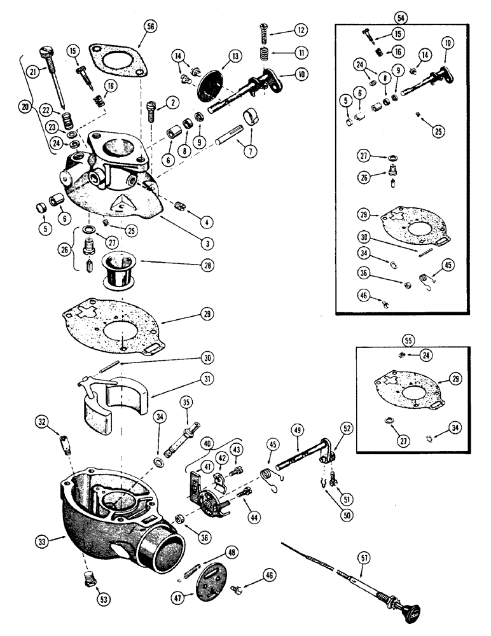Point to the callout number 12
tap(301, 30)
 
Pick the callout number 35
tap(186, 402)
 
